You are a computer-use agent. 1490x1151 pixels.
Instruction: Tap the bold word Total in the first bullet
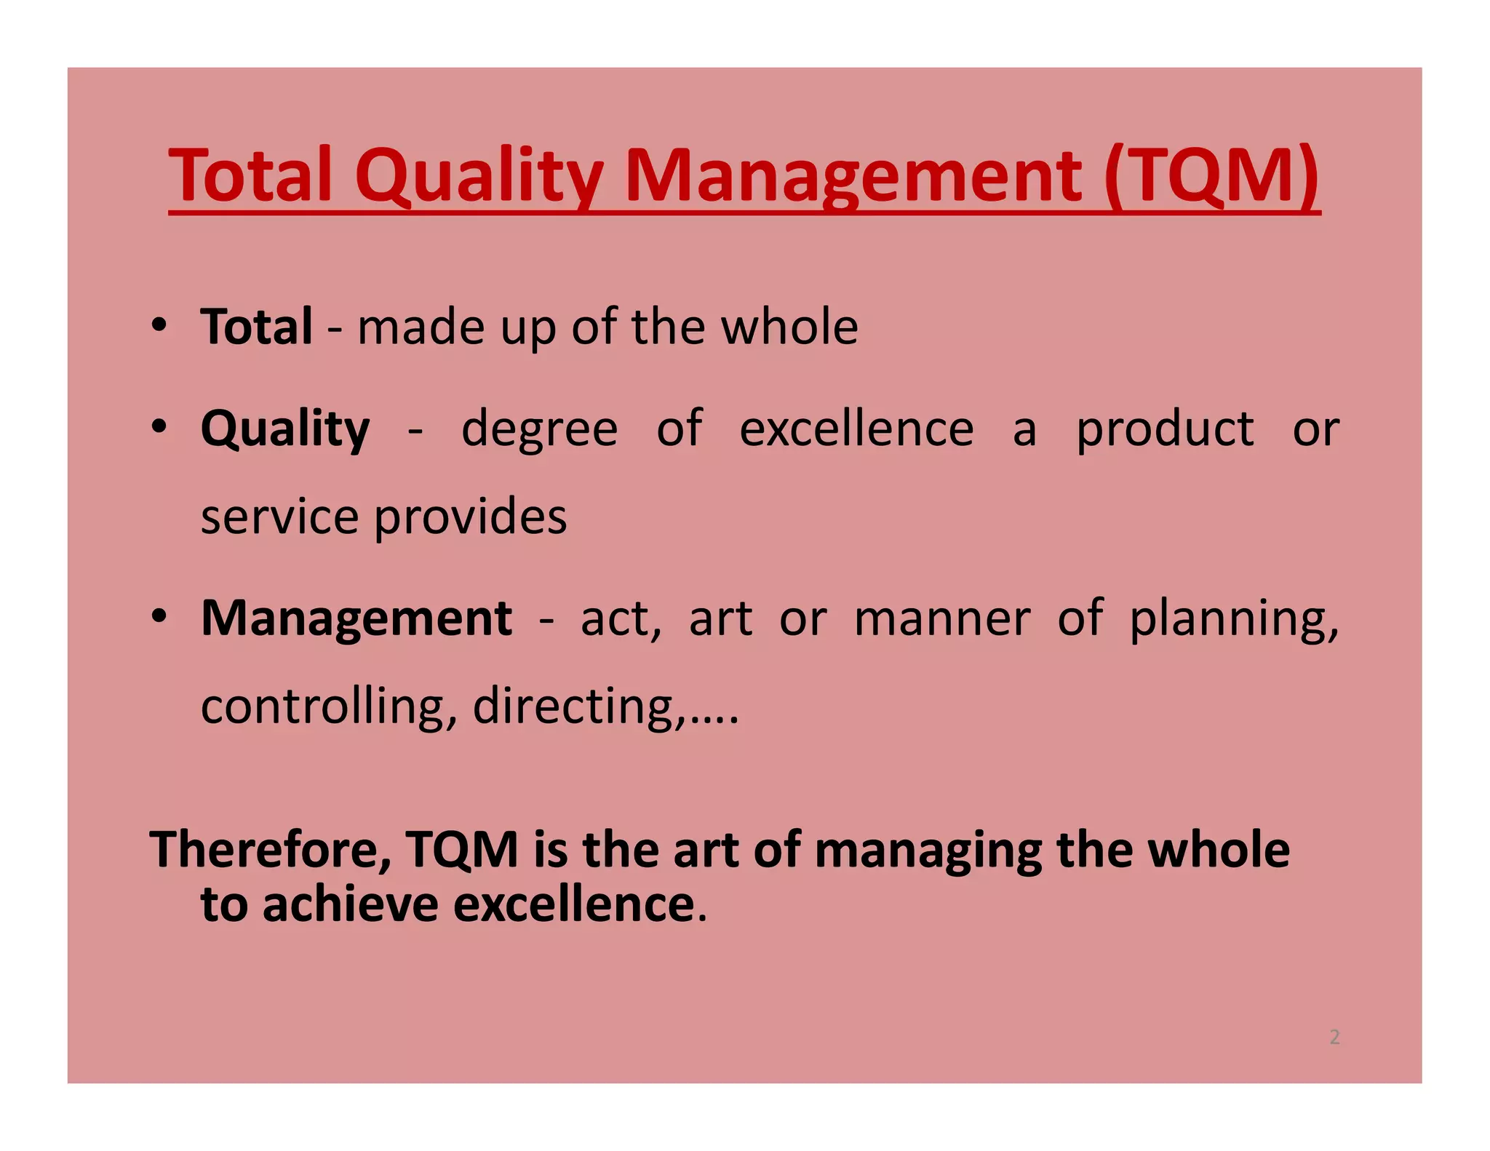pos(257,327)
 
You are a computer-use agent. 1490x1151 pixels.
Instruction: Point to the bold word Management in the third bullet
pos(356,618)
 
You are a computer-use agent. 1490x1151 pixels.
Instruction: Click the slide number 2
pos(1334,1037)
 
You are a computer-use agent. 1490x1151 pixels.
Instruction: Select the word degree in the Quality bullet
pos(539,429)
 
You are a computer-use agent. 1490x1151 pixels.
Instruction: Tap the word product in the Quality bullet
pos(1165,429)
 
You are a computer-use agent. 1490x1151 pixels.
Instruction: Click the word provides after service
pos(470,517)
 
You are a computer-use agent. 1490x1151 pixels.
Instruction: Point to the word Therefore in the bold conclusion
pos(269,850)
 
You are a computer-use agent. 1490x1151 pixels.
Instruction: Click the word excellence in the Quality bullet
pos(856,429)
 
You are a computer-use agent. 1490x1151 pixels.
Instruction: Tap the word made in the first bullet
pos(420,327)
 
